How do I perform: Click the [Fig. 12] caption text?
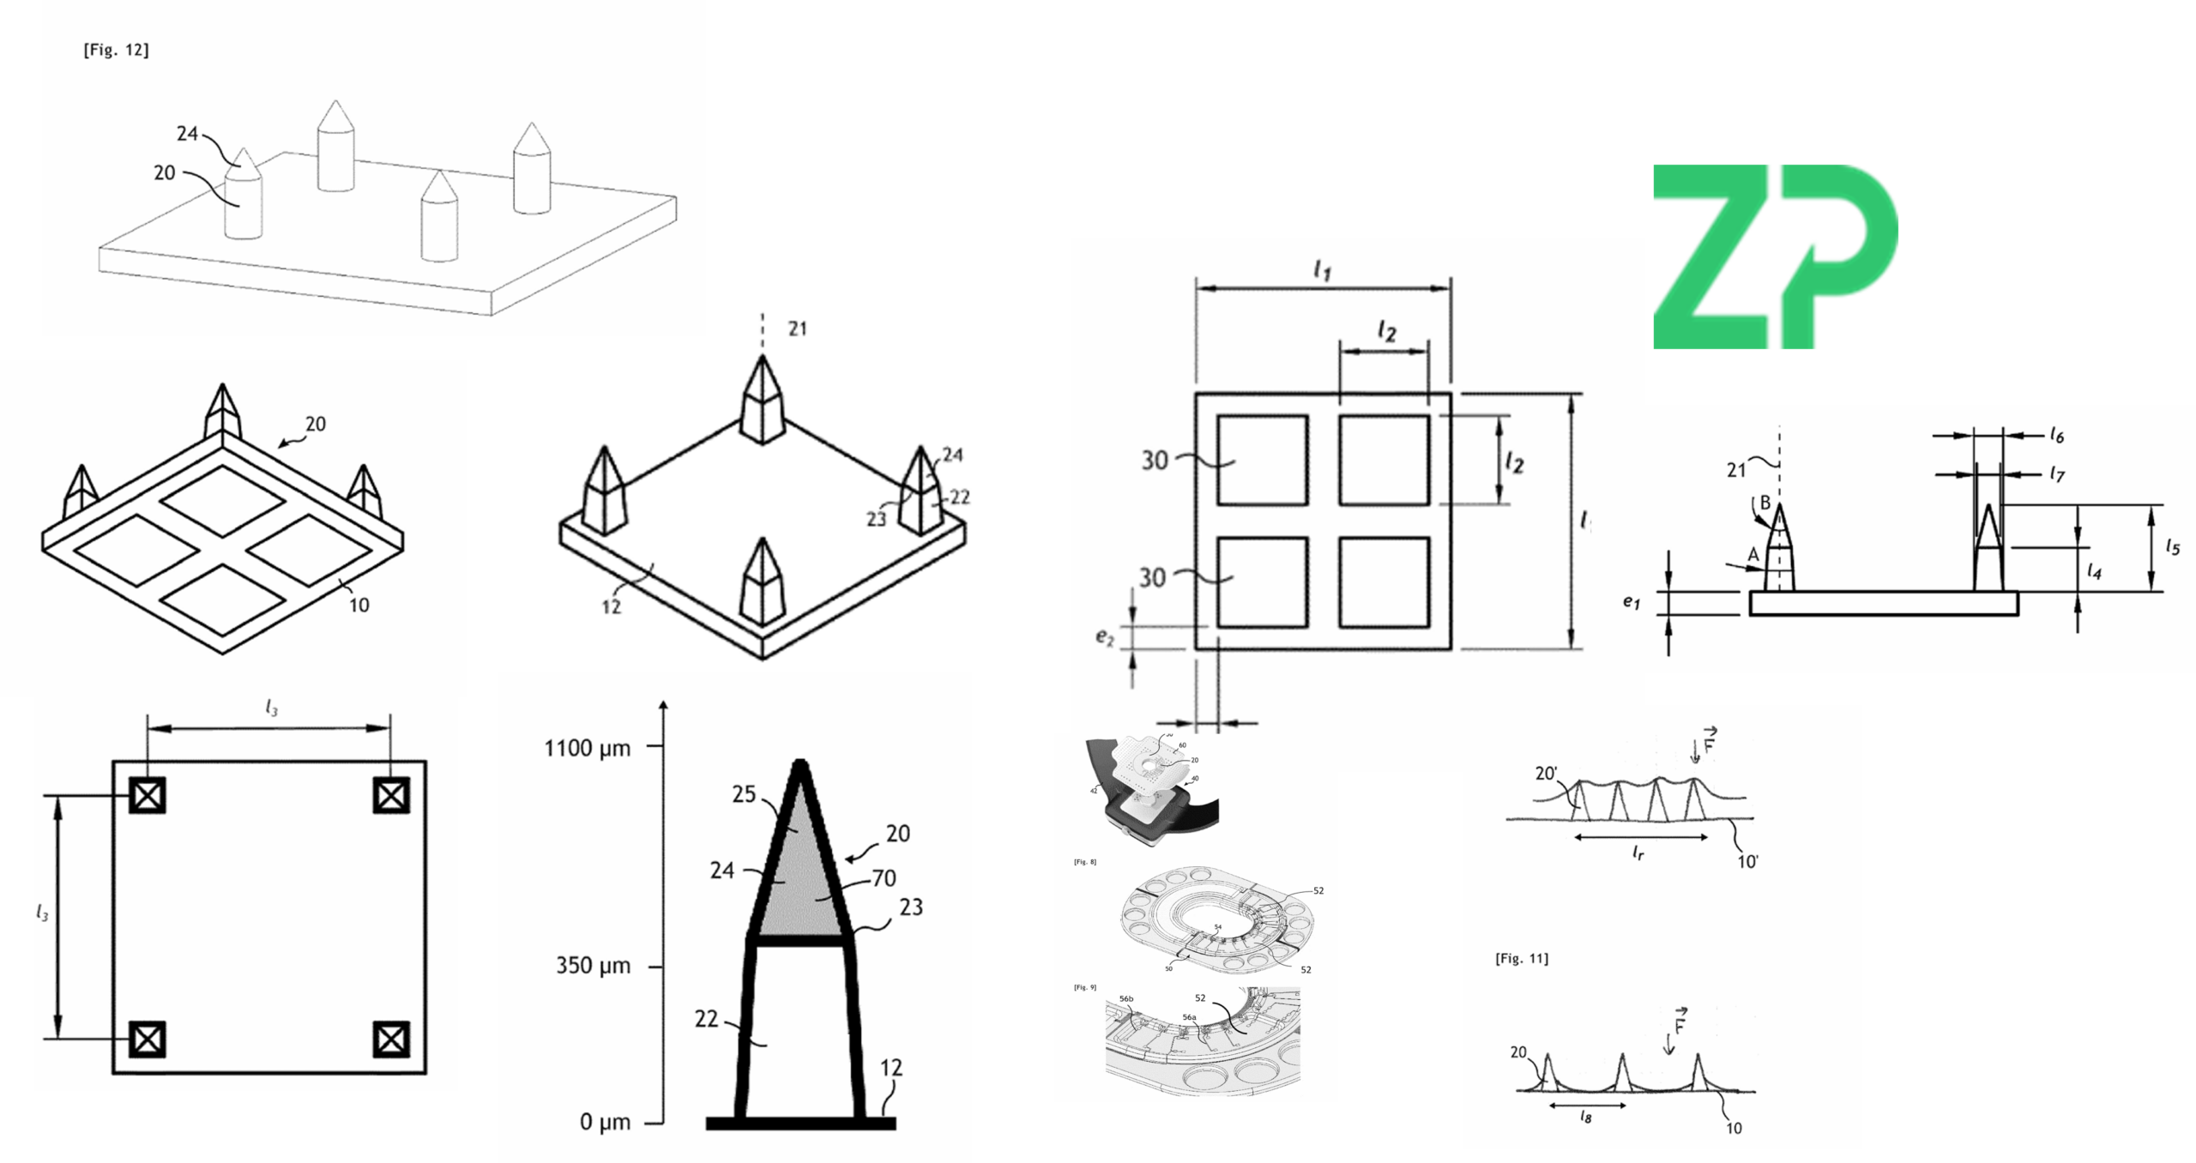coord(116,51)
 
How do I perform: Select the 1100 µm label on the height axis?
coord(588,749)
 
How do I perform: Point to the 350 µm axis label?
coord(593,967)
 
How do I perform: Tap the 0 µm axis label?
coord(605,1122)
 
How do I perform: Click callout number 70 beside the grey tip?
coord(884,878)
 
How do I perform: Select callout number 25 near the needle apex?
coord(744,795)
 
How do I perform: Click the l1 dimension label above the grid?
coord(1322,271)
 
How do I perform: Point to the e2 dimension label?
coord(1104,637)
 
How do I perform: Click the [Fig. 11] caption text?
coord(1522,959)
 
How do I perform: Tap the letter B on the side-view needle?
coord(1765,503)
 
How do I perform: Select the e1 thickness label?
coord(1631,602)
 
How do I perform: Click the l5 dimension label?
coord(2172,546)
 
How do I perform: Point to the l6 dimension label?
coord(2057,436)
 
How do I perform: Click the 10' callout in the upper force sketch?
coord(1747,862)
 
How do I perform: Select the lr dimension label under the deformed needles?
coord(1638,853)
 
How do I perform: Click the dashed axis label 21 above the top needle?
coord(798,328)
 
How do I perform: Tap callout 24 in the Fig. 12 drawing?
coord(187,134)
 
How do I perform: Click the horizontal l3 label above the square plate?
coord(271,708)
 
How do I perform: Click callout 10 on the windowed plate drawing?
coord(359,606)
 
